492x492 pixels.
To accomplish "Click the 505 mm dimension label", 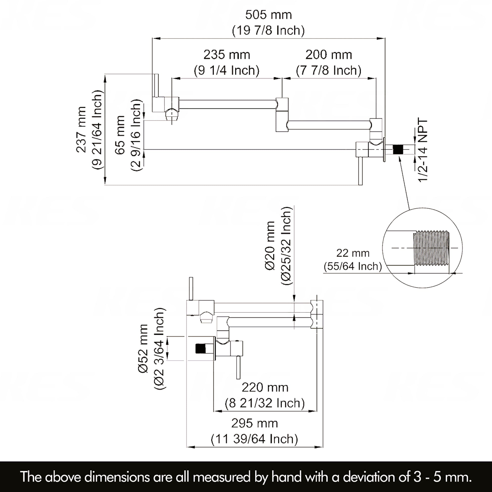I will click(x=268, y=15).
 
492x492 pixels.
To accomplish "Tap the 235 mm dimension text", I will click(x=227, y=55).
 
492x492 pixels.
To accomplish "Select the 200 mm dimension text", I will click(x=328, y=55).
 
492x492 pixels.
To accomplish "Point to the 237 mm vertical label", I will click(x=81, y=130).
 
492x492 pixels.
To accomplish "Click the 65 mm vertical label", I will click(x=120, y=135).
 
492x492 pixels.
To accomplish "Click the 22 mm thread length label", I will click(x=353, y=253).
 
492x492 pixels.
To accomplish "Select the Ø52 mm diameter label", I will click(x=143, y=349).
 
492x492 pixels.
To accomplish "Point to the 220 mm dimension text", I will click(x=265, y=387).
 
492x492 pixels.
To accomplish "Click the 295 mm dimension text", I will click(x=254, y=423).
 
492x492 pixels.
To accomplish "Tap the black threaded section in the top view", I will click(x=398, y=149).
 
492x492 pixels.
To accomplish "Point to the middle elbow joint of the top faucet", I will click(x=282, y=115).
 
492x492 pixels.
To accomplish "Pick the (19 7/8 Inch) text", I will click(x=268, y=31).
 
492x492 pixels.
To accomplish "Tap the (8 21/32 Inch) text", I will click(x=265, y=403).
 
